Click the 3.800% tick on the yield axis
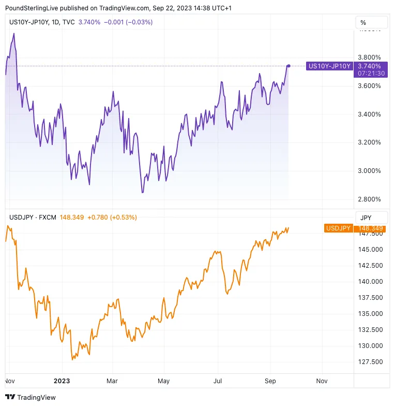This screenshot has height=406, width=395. tap(370, 57)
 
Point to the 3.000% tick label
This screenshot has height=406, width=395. tap(370, 171)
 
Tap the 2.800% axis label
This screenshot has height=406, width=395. tap(370, 199)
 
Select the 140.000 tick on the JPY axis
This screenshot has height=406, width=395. tap(370, 282)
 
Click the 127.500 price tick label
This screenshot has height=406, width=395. tap(370, 362)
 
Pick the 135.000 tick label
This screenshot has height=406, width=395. tap(370, 314)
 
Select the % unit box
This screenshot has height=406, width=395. tap(363, 23)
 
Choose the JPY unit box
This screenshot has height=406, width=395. tap(366, 218)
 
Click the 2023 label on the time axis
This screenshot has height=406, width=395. tap(62, 381)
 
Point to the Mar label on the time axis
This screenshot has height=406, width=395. tap(113, 381)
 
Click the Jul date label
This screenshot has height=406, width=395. tap(217, 381)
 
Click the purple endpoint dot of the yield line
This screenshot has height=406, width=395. tap(288, 66)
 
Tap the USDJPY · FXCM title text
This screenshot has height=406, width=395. tap(32, 218)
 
